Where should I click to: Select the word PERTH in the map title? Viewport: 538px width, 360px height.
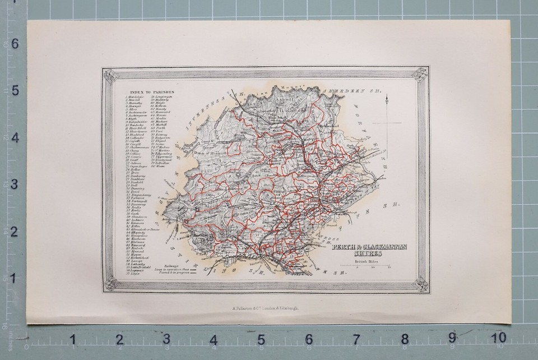click(x=343, y=247)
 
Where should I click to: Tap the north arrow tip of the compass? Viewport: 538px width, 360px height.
click(x=387, y=96)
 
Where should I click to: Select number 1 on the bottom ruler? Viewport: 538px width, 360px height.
click(x=72, y=339)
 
